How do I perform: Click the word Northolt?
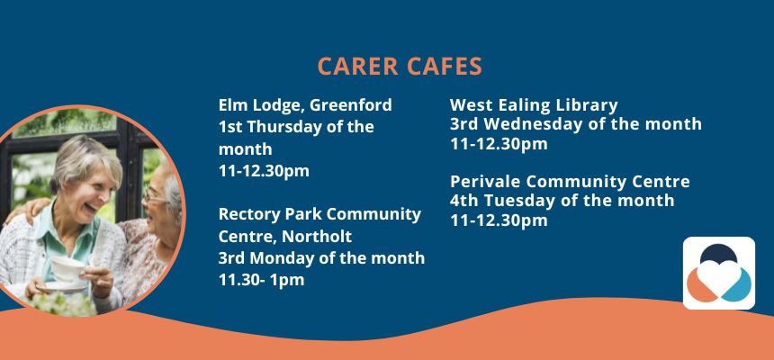[317, 237]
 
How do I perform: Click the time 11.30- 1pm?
[261, 280]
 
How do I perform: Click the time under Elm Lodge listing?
[264, 171]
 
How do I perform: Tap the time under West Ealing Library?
[499, 144]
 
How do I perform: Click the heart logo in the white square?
[719, 273]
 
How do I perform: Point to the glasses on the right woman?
[155, 196]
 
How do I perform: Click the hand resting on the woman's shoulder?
[31, 211]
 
